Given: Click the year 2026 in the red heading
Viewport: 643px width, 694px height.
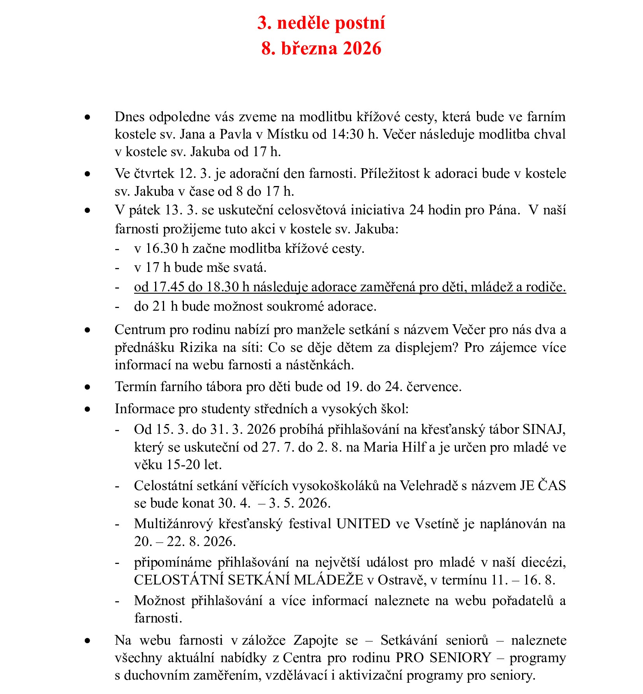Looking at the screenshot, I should [362, 49].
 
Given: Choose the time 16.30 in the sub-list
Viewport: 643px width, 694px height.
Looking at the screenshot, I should [162, 249].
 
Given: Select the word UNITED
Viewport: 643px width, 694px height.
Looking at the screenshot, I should [363, 524].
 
